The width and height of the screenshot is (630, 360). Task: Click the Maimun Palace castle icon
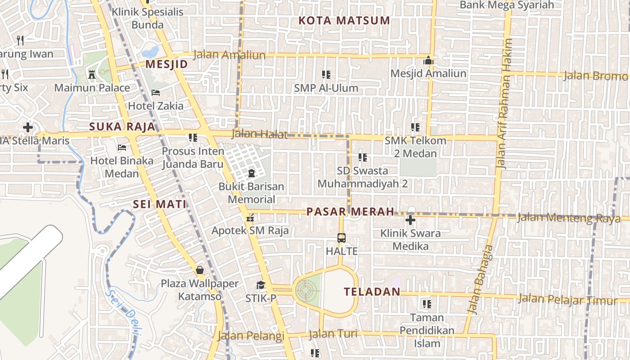click(92, 74)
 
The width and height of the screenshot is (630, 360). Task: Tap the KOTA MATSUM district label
click(344, 20)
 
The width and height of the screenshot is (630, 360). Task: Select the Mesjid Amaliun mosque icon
click(428, 60)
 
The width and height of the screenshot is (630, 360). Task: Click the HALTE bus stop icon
click(342, 238)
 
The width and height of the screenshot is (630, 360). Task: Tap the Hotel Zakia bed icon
click(156, 93)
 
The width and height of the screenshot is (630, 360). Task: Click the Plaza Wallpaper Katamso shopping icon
click(200, 270)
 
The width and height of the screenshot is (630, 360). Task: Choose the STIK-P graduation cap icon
click(261, 285)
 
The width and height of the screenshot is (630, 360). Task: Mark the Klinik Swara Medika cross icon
click(410, 220)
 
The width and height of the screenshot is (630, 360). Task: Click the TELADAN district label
click(372, 292)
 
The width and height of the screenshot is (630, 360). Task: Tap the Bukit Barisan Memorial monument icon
click(251, 173)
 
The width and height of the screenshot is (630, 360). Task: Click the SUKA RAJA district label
click(122, 127)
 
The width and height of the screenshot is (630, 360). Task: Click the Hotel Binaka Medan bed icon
click(122, 147)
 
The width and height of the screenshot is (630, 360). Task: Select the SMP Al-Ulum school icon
click(326, 74)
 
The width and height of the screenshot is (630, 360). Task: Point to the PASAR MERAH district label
click(350, 211)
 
